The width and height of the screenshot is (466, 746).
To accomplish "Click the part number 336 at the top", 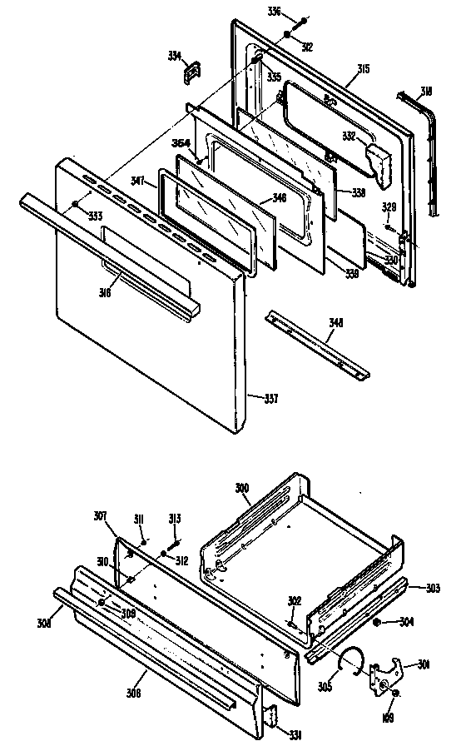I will coord(274,11).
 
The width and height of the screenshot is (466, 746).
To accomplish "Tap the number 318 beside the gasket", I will coord(425,91).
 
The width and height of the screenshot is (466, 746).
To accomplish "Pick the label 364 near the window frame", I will coord(180,143).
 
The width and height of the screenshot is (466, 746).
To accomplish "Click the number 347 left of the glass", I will coord(138,180).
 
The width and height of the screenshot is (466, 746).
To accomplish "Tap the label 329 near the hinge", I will coord(388,206).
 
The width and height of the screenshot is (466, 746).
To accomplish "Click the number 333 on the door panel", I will coord(97,216).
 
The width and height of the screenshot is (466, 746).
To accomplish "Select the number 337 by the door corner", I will coord(271,397).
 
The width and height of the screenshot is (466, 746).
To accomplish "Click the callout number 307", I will coord(100,515).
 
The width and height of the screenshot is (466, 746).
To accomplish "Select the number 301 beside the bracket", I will coord(424,664).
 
